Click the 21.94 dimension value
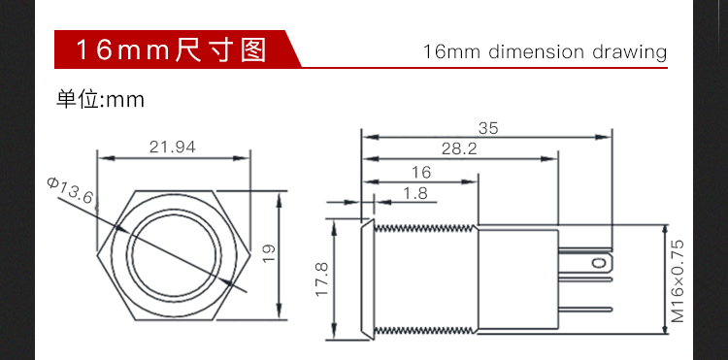tap(172, 147)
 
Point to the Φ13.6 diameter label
tap(70, 190)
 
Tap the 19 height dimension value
tap(269, 254)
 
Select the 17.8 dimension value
tap(322, 279)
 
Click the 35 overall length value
tap(488, 128)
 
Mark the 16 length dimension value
tap(421, 173)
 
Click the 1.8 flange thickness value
tap(415, 193)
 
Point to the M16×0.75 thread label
tap(678, 280)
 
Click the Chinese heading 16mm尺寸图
tap(171, 49)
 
